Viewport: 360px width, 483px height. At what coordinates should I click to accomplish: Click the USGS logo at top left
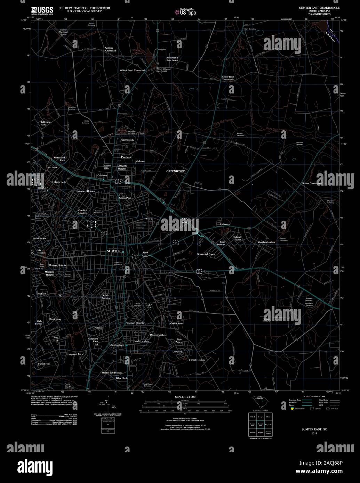point(42,10)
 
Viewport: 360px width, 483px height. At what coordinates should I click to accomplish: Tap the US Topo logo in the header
point(186,12)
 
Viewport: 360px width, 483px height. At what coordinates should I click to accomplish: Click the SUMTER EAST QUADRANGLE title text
point(317,7)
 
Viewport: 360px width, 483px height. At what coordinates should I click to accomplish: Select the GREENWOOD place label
point(176,171)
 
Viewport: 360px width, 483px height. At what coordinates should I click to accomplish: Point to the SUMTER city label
point(114,251)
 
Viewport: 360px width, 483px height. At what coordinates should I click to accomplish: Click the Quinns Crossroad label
point(111,49)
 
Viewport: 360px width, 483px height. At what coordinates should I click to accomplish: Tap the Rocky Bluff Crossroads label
point(228,78)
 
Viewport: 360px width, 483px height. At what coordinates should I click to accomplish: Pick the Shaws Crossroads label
point(312,183)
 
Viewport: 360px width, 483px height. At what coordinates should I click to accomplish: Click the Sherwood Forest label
point(206,254)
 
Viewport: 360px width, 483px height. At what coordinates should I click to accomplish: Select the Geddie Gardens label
point(266,242)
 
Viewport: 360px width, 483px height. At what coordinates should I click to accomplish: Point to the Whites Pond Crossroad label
point(132,70)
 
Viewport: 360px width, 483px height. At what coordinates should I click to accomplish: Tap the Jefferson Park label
point(46,123)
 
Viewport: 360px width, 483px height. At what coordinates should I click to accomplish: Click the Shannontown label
point(117,345)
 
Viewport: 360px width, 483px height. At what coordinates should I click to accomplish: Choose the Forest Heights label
point(197,360)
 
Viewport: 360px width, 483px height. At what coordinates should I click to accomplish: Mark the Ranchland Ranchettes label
point(172,59)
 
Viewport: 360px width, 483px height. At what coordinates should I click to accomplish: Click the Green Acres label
point(177,324)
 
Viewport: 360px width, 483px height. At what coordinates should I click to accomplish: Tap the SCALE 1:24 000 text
point(185,396)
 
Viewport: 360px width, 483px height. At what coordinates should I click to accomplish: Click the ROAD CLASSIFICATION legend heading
point(314,396)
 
